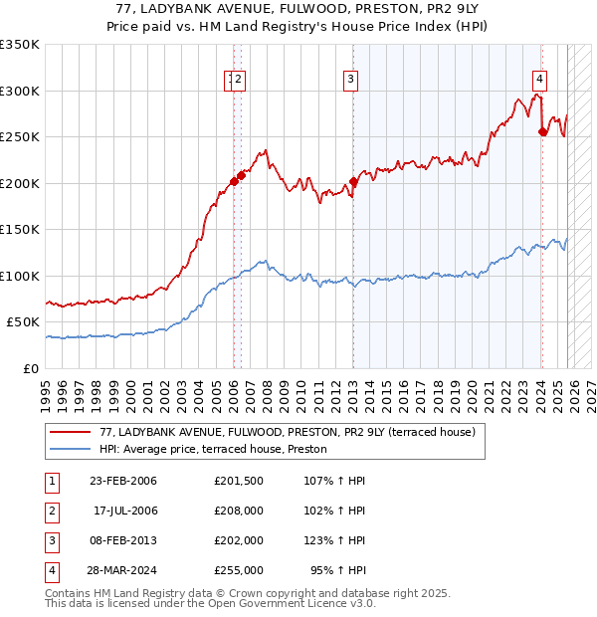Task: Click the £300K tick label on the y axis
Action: [20, 91]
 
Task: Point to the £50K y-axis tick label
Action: [23, 322]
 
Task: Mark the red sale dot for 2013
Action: [353, 182]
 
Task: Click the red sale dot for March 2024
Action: [542, 131]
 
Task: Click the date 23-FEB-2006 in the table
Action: [123, 481]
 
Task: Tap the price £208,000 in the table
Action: [239, 511]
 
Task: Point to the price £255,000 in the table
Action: [239, 570]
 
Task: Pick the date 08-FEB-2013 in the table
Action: [123, 540]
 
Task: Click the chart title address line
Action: [298, 8]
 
